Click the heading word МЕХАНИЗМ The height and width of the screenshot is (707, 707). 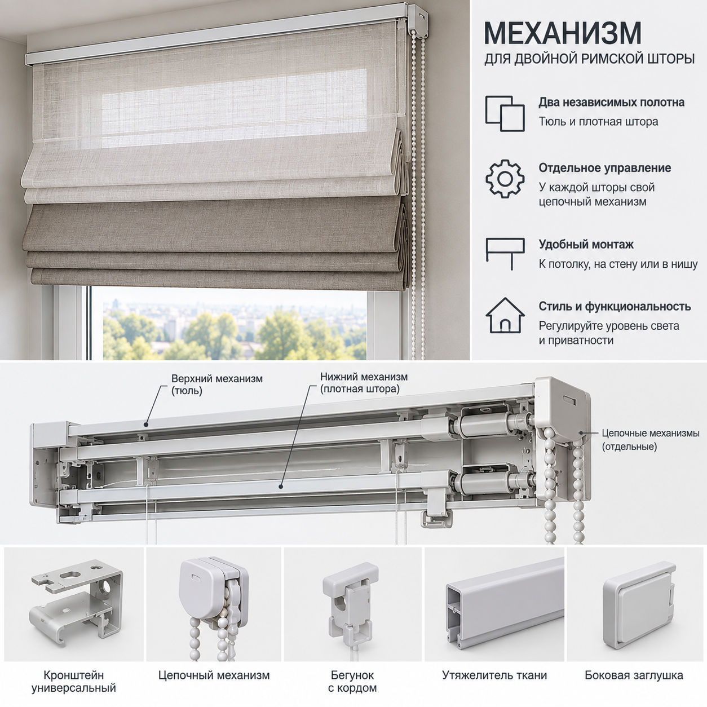click(x=563, y=33)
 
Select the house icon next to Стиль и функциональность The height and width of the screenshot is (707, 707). click(x=505, y=315)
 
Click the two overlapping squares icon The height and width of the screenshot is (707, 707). click(x=505, y=114)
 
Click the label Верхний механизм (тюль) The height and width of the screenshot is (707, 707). click(x=217, y=384)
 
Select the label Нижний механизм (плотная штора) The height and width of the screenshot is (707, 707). click(x=364, y=383)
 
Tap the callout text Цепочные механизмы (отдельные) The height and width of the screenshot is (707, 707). click(x=651, y=440)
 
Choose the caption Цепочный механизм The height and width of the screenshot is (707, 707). click(x=214, y=675)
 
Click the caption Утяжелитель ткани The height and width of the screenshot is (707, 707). click(x=494, y=675)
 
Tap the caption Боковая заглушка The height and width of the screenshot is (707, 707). click(x=634, y=675)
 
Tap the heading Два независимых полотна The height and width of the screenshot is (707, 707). click(x=611, y=103)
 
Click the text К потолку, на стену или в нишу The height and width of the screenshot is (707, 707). click(x=618, y=264)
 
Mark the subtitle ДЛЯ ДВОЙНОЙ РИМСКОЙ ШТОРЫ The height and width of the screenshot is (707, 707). click(x=589, y=59)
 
